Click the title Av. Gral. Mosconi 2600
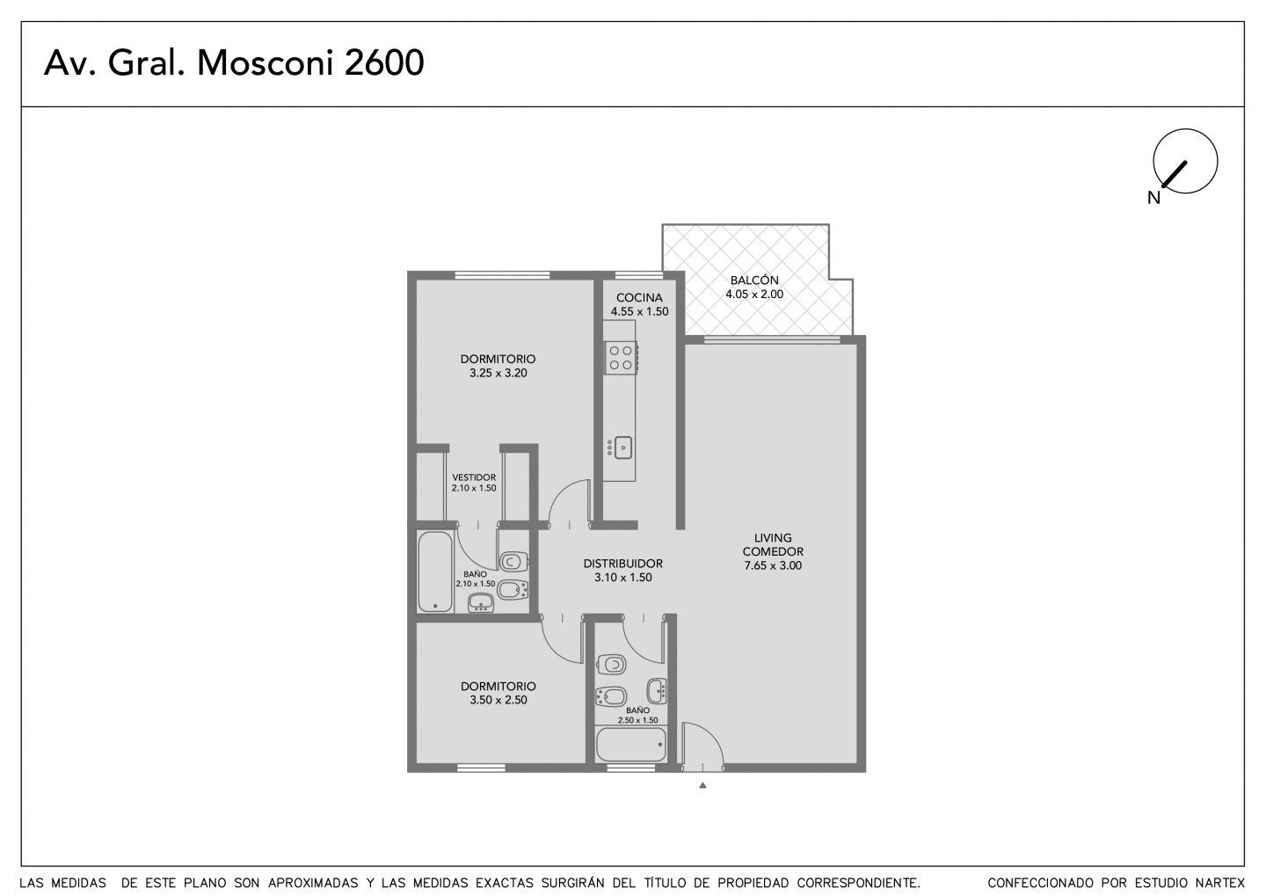point(234,62)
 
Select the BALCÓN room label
point(754,280)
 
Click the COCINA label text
point(639,297)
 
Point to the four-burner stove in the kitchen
point(621,357)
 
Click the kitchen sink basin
point(623,448)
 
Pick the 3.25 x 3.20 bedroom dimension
point(498,373)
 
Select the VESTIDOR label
point(474,477)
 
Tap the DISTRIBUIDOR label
point(622,564)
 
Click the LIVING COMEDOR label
point(773,544)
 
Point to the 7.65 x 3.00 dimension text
point(773,565)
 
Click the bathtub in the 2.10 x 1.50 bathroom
point(435,572)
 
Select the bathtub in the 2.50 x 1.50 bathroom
point(631,745)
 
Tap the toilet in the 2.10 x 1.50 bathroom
point(513,561)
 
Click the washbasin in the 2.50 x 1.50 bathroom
point(657,691)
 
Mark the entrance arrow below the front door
point(702,785)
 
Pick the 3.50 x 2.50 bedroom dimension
point(498,700)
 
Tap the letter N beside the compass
point(1153,198)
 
